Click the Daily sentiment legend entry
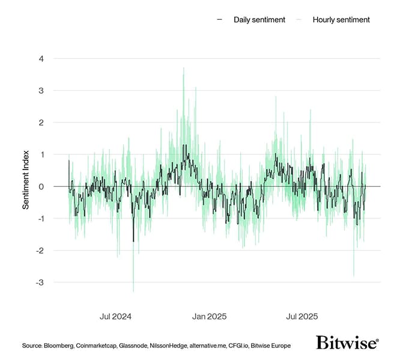pos(252,20)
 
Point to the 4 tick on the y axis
pos(41,59)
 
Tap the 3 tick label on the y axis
pos(41,91)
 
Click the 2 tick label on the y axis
pos(41,123)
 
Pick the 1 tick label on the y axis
pos(41,154)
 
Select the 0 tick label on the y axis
pos(41,186)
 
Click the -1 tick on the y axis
pos(40,218)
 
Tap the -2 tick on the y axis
pos(40,250)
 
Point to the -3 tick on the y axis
pos(40,282)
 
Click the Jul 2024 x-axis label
pos(116,316)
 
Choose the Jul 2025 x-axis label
pos(302,316)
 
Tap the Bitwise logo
pos(347,343)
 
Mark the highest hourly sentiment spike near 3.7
pos(183,69)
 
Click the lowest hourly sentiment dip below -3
pos(133,291)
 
